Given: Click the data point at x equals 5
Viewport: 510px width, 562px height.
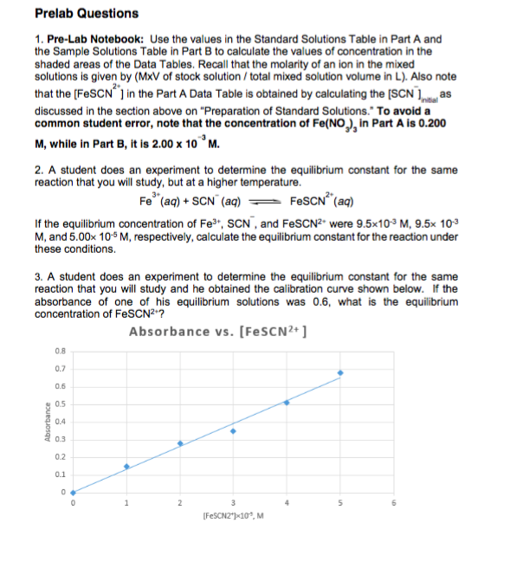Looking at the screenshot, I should pos(340,373).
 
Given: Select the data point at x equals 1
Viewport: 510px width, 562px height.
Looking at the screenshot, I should pos(126,467).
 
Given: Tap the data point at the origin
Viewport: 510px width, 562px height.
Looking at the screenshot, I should pos(74,493).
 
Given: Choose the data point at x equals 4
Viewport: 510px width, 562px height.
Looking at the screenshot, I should pos(287,403).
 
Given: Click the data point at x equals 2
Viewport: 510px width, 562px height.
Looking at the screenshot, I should pos(180,443).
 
